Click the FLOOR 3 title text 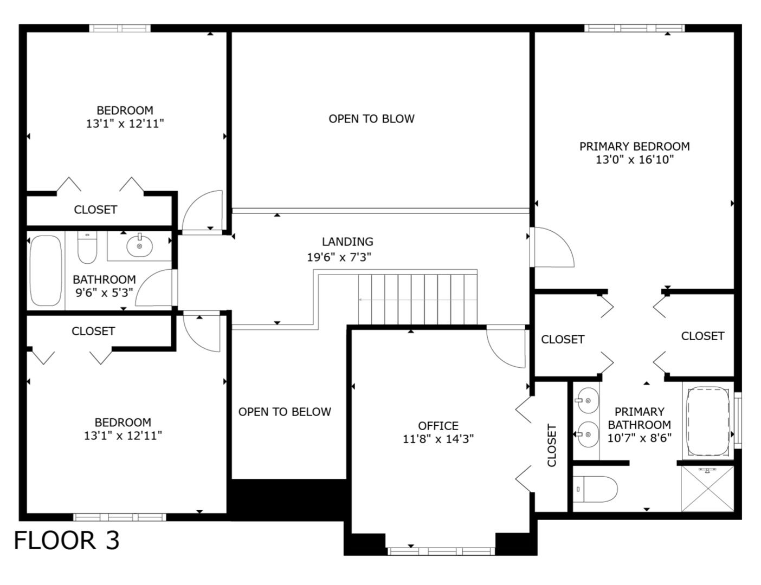pos(66,540)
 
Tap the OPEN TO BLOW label pos(371,119)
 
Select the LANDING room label pos(347,242)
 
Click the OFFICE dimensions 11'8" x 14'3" pos(438,439)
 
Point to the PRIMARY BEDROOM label pos(634,146)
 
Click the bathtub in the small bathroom pos(46,270)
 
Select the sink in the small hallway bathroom pos(139,246)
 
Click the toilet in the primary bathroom pos(595,489)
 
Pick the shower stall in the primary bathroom pos(707,488)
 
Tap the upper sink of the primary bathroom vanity pos(587,401)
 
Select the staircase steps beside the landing pos(417,298)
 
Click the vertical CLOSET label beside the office pos(552,445)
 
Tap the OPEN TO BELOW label pos(285,412)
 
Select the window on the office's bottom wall pos(441,551)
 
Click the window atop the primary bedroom pos(634,28)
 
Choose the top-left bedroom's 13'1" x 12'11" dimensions pos(125,123)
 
